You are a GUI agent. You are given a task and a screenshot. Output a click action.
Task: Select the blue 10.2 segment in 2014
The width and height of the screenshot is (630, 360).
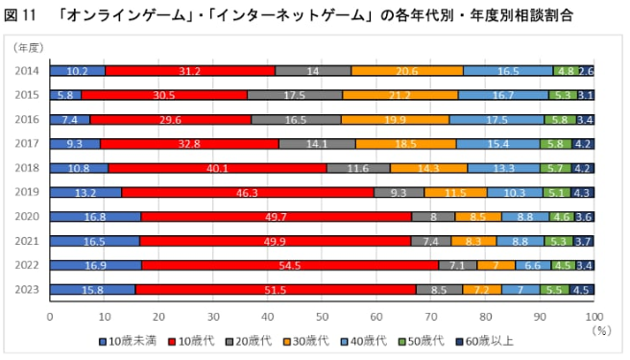[x=77, y=70]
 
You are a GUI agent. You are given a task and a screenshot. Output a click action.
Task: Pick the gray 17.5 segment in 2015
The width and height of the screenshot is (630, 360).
[x=295, y=95]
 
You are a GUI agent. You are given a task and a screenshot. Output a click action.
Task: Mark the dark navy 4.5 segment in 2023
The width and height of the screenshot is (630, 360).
[x=582, y=289]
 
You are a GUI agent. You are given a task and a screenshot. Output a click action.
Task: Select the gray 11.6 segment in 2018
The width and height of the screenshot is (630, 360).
[x=358, y=168]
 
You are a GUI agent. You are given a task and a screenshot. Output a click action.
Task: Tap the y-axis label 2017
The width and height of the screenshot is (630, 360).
[x=28, y=143]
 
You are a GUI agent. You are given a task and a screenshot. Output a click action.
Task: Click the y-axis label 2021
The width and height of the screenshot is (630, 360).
[x=28, y=241]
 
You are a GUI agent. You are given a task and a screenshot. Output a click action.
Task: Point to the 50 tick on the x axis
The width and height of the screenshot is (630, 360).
[x=322, y=314]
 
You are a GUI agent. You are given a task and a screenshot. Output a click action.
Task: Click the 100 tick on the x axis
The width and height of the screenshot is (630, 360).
[x=594, y=314]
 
